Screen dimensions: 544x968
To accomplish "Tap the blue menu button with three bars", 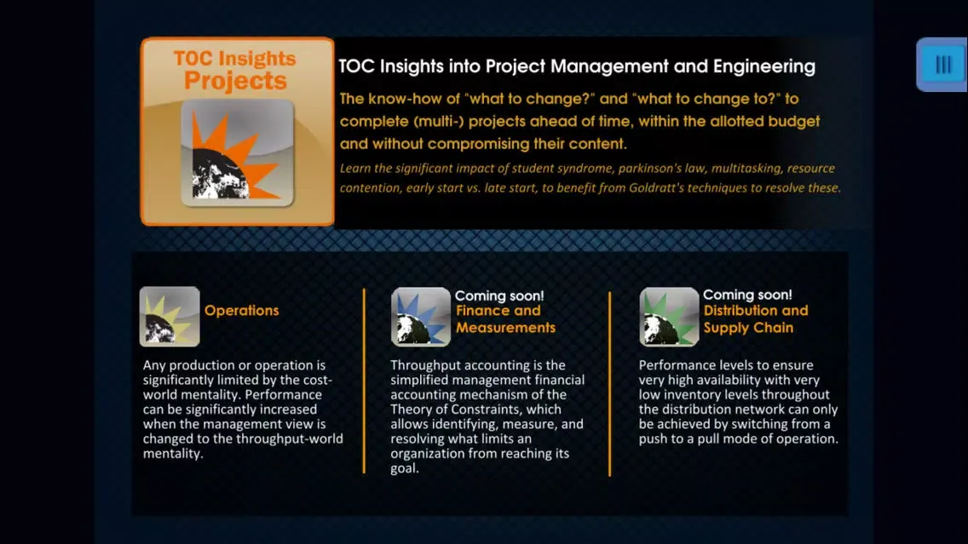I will point(942,65).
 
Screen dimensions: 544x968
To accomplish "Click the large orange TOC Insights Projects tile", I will point(237,132).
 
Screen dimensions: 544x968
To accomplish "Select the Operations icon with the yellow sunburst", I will point(170,317).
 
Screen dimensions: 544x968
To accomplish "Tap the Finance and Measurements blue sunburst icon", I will point(420,317).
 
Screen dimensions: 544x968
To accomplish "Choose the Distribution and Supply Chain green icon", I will point(669,317).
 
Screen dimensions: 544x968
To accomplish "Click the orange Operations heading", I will point(241,311).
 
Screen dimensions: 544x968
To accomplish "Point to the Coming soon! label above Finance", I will point(499,295).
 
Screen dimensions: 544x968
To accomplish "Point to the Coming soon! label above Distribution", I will point(747,295).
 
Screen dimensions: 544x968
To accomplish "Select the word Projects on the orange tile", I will point(235,82).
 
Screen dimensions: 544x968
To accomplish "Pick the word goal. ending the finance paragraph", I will point(405,468).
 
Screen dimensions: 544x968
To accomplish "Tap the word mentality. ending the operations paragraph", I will point(173,454).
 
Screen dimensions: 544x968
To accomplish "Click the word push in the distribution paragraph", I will point(654,439).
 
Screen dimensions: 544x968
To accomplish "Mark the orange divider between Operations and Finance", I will point(364,381).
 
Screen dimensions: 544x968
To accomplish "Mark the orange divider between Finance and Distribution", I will point(609,383).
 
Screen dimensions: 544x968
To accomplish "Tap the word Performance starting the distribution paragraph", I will point(678,365).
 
